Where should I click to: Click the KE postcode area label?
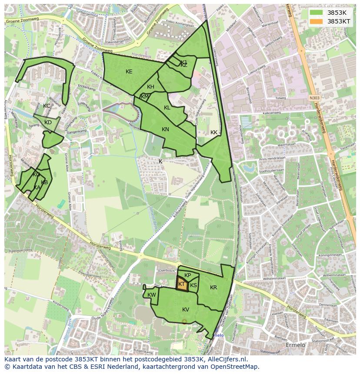129,72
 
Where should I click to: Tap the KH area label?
150,87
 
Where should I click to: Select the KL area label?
167,108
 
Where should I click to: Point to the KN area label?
165,129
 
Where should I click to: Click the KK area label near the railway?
214,132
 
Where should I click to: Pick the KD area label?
48,122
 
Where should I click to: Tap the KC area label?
47,106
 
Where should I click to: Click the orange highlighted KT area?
182,284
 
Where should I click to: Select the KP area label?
188,275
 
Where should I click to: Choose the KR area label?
213,288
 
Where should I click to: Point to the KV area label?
186,310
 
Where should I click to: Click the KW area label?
152,295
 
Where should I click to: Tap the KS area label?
193,285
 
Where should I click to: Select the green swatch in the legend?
316,13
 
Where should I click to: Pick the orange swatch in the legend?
316,21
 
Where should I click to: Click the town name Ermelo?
296,345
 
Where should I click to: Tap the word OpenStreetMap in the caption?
236,367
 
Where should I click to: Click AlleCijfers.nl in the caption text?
226,359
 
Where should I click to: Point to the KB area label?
44,182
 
